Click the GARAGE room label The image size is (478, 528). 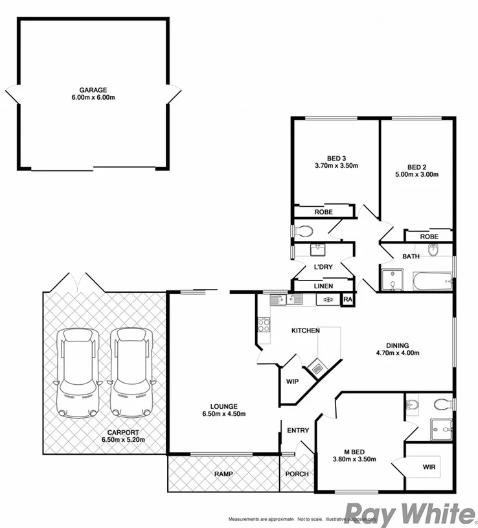click(93, 90)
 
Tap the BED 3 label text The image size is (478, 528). click(336, 157)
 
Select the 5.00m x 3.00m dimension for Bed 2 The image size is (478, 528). click(417, 174)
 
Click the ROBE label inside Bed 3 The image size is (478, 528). click(324, 212)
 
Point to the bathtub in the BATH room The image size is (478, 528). click(433, 280)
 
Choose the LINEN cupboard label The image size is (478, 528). click(323, 285)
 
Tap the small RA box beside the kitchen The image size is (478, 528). click(347, 299)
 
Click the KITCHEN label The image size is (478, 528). click(305, 331)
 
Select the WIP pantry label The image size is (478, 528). click(292, 381)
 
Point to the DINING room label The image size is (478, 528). click(398, 345)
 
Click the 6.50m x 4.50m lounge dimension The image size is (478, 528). click(223, 415)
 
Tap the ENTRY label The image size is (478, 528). click(297, 430)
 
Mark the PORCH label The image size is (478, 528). click(297, 474)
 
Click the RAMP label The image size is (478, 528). click(223, 474)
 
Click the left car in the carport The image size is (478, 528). click(78, 373)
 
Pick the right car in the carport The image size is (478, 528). click(131, 373)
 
